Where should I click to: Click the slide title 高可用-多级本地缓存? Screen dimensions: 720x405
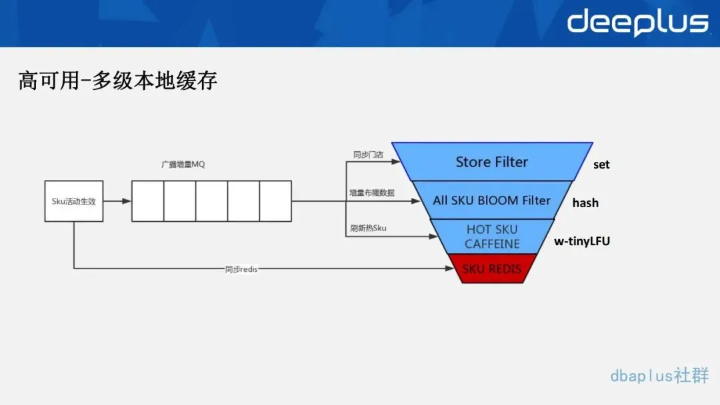click(118, 81)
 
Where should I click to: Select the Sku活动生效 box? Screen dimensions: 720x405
click(74, 201)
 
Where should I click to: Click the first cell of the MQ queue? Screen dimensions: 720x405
click(148, 201)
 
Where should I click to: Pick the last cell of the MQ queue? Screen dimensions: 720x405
click(275, 201)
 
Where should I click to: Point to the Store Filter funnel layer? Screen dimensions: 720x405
click(492, 162)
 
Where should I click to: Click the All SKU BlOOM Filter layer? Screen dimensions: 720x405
click(492, 200)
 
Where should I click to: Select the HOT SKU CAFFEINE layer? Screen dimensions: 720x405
click(492, 236)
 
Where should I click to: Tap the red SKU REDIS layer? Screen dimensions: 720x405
click(492, 269)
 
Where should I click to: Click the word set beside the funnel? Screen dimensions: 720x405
click(601, 165)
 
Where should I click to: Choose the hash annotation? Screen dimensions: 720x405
click(585, 202)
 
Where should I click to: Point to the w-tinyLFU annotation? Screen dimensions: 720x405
click(582, 241)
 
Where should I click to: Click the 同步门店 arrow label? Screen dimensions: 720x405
click(368, 155)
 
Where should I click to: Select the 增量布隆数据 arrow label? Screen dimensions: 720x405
click(372, 193)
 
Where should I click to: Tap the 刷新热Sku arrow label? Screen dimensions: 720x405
click(369, 228)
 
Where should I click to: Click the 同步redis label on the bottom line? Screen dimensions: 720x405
click(241, 269)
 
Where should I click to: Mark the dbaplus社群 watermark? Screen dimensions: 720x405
click(659, 375)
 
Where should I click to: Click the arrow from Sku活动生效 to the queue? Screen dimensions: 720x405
click(117, 201)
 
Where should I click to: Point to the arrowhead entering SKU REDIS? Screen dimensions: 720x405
click(450, 268)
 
